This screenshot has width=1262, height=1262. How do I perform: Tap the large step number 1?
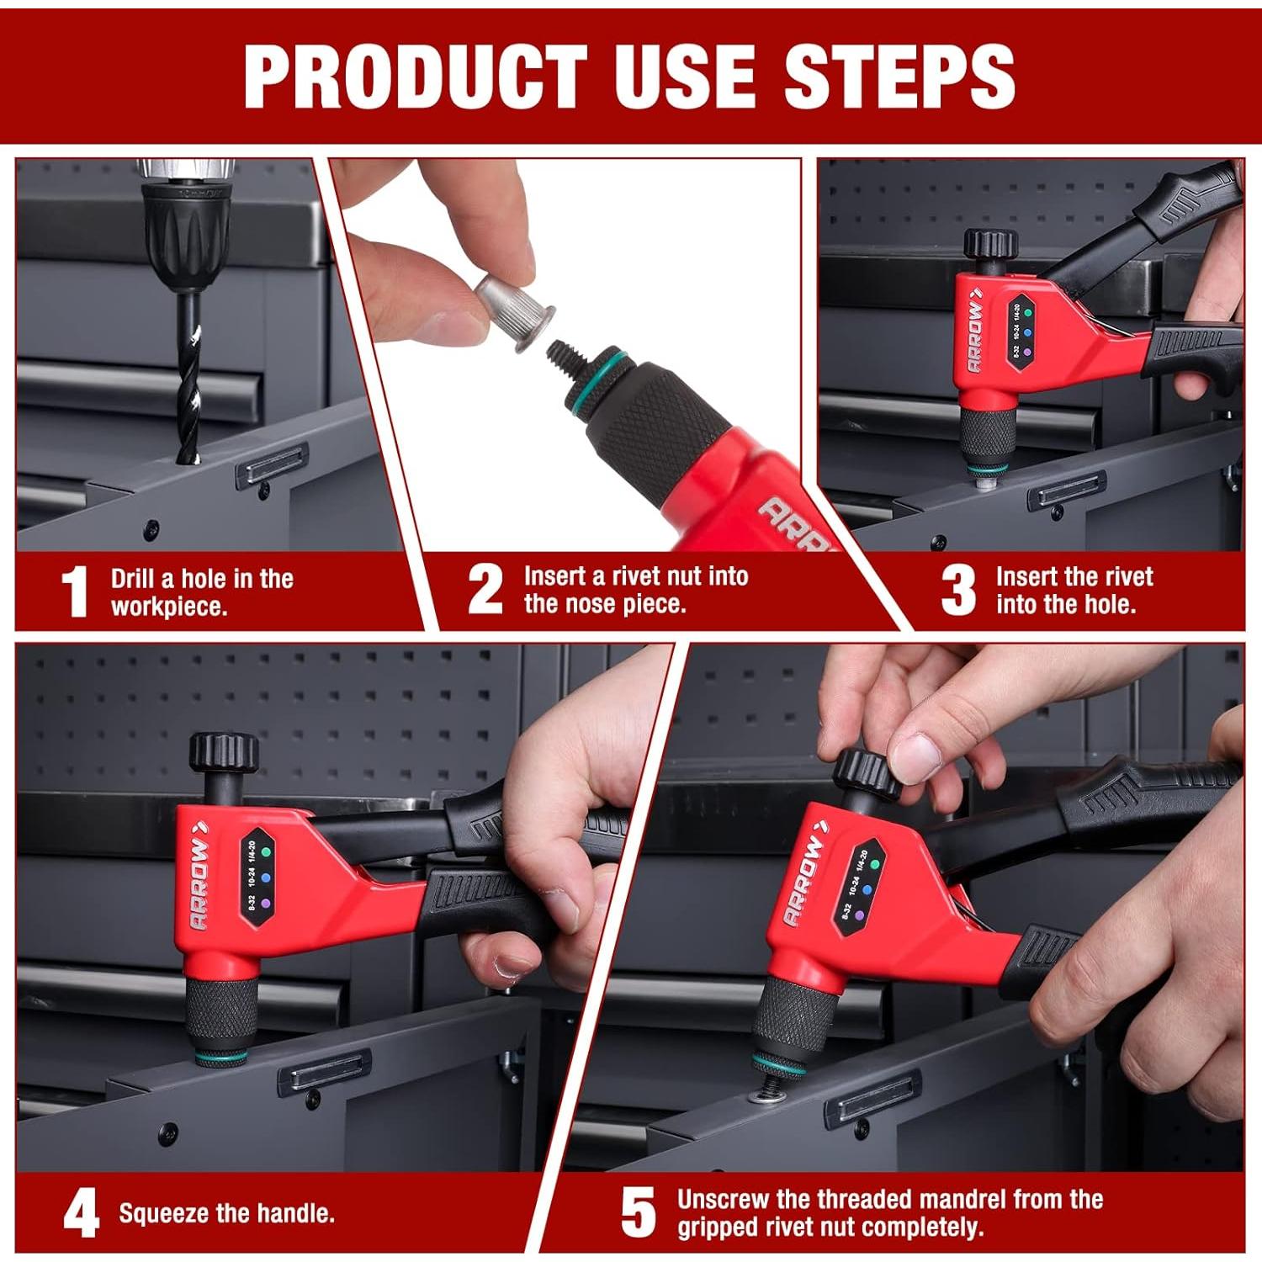pos(76,591)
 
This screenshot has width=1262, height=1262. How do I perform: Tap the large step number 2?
pos(485,589)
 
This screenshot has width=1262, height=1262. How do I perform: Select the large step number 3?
pos(958,590)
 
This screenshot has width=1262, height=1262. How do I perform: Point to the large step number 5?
pos(638,1212)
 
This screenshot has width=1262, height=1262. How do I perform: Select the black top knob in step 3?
pos(991,244)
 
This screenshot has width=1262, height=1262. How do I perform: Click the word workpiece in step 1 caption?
pos(169,607)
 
